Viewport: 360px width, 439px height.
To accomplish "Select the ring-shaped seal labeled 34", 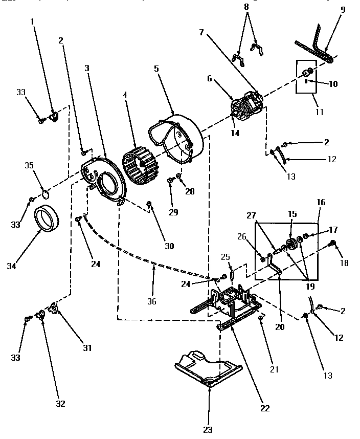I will coord(47,218).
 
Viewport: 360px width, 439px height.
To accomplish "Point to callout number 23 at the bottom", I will coord(208,429).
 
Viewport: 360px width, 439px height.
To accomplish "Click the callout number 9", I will coord(343,9).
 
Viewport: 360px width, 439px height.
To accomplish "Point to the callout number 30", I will coord(169,246).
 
